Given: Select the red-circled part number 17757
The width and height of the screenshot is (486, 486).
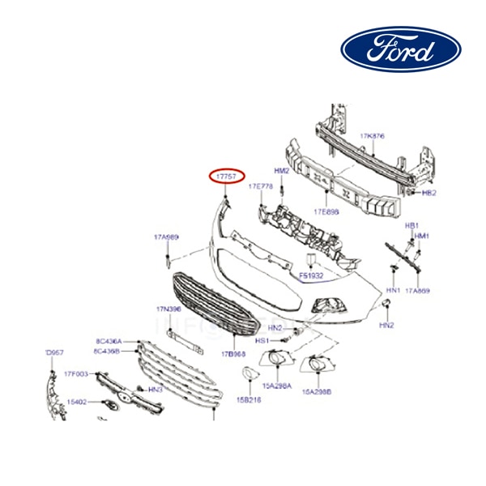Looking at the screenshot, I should click(224, 175).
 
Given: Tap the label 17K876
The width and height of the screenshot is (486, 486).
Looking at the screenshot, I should click(372, 135).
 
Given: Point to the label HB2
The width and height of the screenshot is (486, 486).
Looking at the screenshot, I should click(428, 194).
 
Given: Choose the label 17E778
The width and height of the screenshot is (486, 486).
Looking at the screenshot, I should click(260, 187).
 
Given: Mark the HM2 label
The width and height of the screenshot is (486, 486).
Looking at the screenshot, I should click(281, 172).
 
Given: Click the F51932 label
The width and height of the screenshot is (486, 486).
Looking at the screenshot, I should click(311, 275).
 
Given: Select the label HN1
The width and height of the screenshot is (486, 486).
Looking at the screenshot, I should click(393, 289).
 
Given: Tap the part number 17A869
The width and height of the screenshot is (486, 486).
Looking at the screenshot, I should click(417, 289).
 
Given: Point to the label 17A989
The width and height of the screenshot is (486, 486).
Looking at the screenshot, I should click(166, 237).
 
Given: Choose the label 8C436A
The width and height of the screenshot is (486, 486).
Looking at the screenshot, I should click(108, 341).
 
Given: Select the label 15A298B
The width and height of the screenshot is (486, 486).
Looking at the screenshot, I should click(318, 391).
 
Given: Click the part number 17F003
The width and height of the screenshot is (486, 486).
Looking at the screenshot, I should click(76, 373).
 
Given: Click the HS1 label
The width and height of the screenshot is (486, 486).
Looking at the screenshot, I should click(262, 341).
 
